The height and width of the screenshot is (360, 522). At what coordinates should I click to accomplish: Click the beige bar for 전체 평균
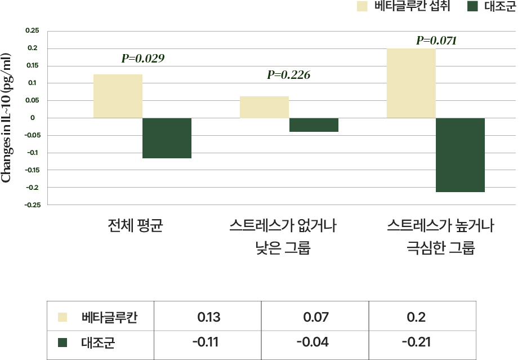(118, 96)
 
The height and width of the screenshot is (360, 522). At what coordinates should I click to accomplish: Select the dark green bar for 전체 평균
(167, 138)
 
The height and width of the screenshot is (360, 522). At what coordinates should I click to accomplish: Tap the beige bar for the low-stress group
(264, 107)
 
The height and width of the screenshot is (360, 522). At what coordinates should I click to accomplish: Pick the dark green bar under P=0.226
(314, 125)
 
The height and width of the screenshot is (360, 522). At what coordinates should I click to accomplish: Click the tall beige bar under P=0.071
(411, 83)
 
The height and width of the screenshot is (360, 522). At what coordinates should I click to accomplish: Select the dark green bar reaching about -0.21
(460, 155)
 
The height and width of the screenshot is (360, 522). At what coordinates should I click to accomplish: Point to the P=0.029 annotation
(143, 58)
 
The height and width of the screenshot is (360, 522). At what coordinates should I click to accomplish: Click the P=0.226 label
(288, 75)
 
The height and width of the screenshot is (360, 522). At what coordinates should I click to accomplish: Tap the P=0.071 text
(436, 41)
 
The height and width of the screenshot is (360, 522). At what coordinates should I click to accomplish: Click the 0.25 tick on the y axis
(32, 31)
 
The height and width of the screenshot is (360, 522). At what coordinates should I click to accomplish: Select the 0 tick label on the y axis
(33, 118)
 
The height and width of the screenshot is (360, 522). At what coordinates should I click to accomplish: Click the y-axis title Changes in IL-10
(7, 118)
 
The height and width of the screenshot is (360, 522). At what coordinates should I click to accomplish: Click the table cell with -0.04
(315, 342)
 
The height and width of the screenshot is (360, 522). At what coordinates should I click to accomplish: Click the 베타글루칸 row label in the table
(109, 318)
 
